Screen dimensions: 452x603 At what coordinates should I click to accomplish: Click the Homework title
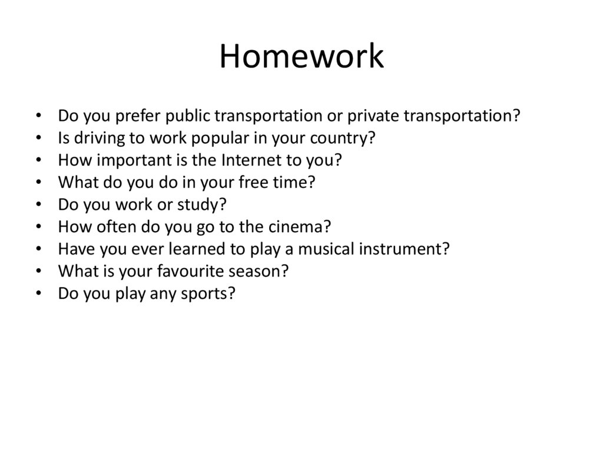[x=301, y=57]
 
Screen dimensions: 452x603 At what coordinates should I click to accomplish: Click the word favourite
[x=192, y=270]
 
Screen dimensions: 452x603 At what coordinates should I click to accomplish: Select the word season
[x=264, y=270]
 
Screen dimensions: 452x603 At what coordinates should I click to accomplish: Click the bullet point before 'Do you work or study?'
[x=38, y=204]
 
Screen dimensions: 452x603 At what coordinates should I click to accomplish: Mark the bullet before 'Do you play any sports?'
[x=38, y=293]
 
